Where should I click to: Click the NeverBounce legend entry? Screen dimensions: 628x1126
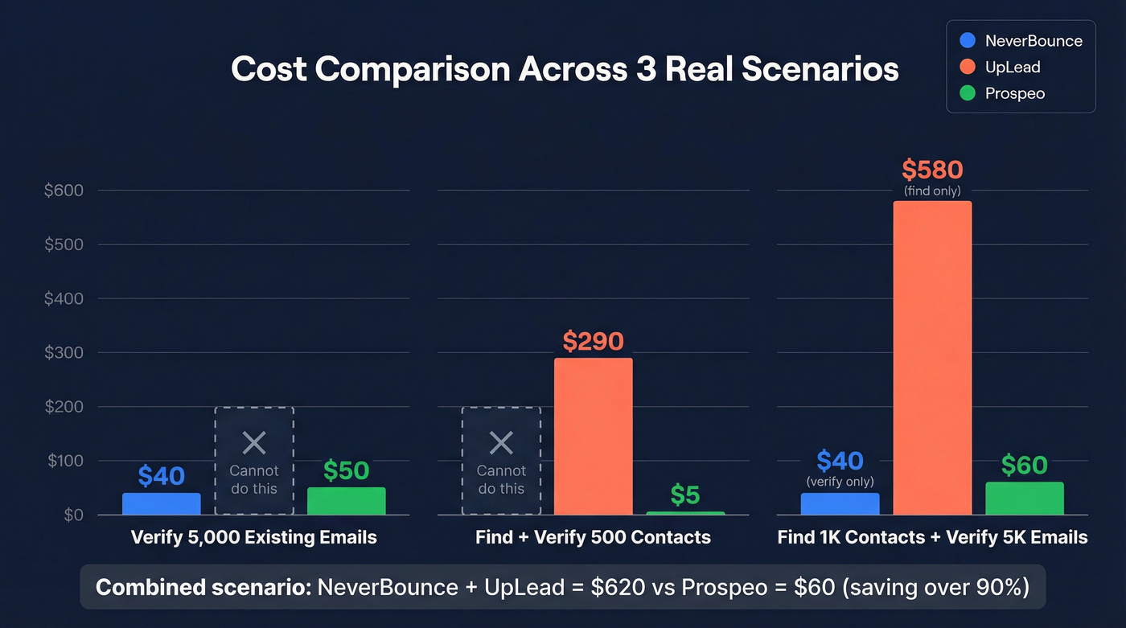coord(1021,40)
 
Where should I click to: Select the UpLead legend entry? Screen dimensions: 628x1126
coord(1001,67)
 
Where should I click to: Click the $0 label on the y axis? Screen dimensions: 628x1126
coord(73,515)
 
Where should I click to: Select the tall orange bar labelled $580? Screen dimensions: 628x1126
coord(932,358)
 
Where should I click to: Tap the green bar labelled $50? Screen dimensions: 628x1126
coord(346,501)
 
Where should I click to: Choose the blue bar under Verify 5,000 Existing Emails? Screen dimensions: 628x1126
coord(161,503)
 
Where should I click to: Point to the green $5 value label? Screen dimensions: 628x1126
coord(685,495)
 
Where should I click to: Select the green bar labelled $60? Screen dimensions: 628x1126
coord(1024,499)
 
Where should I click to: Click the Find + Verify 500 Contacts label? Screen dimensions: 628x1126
coord(593,537)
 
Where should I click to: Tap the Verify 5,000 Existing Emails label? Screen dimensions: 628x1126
coord(253,537)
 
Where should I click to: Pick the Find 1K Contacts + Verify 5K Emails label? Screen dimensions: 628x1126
coord(932,537)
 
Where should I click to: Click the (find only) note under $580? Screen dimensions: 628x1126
coord(932,191)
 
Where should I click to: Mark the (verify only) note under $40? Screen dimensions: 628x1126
coord(840,482)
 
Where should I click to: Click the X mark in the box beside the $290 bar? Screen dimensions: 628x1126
coord(501,442)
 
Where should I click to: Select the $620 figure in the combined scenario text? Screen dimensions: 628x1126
coord(618,587)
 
